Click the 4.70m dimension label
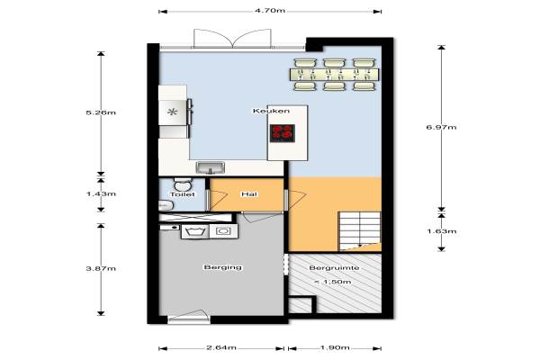coord(270,11)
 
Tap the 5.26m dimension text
coord(101,112)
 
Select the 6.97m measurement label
coord(442,127)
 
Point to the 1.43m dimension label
coord(101,194)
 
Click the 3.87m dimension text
coord(101,268)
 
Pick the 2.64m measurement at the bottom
coord(221,347)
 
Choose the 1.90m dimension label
coord(335,347)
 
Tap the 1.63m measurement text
coord(442,231)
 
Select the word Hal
coord(249,194)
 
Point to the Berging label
coord(223,267)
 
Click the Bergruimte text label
coord(334,267)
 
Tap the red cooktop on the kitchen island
coord(283,133)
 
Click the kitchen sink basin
coord(211,168)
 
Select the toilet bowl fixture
coord(182,185)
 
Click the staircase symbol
coord(360,230)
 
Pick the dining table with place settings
coord(335,75)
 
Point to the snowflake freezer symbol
coord(172,112)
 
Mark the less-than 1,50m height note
coord(333,282)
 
